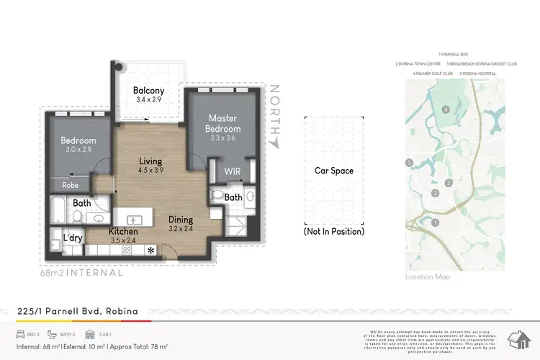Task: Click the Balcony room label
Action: pyautogui.click(x=148, y=91)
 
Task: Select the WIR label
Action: pyautogui.click(x=233, y=172)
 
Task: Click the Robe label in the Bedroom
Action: pyautogui.click(x=71, y=184)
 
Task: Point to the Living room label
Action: pyautogui.click(x=150, y=161)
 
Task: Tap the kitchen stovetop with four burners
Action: pyautogui.click(x=127, y=251)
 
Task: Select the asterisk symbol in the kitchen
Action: pyautogui.click(x=150, y=251)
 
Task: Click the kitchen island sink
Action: pyautogui.click(x=135, y=219)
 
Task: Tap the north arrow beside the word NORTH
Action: pyautogui.click(x=274, y=143)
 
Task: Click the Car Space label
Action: pyautogui.click(x=333, y=171)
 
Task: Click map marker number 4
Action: pyautogui.click(x=446, y=109)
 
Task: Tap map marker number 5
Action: pyautogui.click(x=409, y=163)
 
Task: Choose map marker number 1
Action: pyautogui.click(x=435, y=222)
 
